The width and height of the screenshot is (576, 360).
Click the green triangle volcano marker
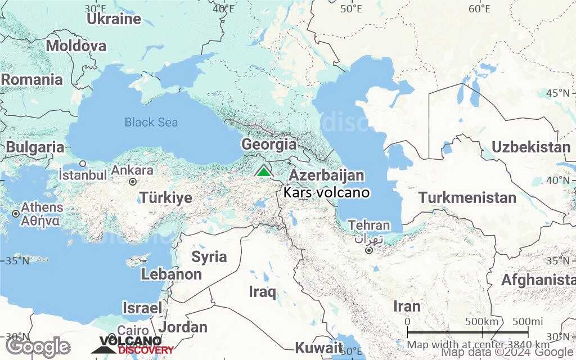coord(263,171)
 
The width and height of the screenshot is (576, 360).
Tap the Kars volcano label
coord(327,192)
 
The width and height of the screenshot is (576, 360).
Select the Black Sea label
coord(151,122)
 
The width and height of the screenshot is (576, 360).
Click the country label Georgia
coord(269,144)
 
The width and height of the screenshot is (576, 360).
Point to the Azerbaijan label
coord(326,175)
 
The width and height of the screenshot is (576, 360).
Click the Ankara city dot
coord(133,182)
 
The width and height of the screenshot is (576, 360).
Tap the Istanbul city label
coord(83,175)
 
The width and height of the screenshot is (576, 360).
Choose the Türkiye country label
coord(166,198)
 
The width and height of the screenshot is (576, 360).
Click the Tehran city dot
coord(368,250)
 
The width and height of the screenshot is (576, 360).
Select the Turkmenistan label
coord(467,198)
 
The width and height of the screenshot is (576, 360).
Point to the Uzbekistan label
coord(531,147)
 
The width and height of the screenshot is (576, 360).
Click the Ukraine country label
coord(114,19)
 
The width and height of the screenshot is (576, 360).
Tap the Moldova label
coord(76,46)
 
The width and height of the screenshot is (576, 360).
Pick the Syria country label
coord(209,257)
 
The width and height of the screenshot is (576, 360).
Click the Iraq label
coord(263,292)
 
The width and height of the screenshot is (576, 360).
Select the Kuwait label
coord(319,346)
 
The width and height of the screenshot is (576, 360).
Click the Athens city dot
coord(16,214)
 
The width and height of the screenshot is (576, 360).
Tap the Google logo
coord(38,346)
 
